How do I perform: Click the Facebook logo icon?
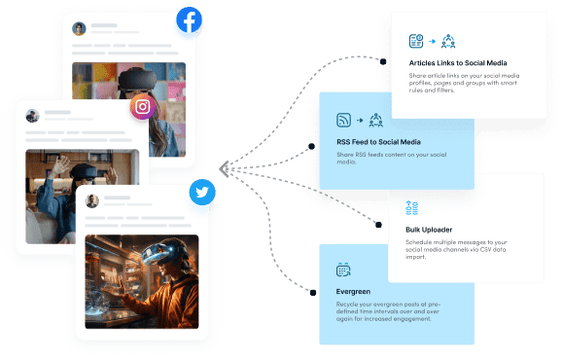[189, 21]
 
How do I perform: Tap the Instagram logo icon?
[143, 106]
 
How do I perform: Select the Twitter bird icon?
[202, 193]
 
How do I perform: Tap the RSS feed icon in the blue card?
[343, 121]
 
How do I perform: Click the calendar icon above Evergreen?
[343, 270]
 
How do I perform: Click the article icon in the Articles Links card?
[416, 41]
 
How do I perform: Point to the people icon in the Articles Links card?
[448, 41]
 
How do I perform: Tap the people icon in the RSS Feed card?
[376, 121]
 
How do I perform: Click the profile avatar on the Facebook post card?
[79, 28]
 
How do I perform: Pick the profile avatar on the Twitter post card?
[92, 201]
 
